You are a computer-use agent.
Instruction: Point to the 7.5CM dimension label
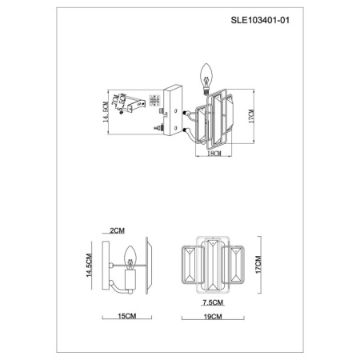pos(212,303)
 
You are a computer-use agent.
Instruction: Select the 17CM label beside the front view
pos(258,264)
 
